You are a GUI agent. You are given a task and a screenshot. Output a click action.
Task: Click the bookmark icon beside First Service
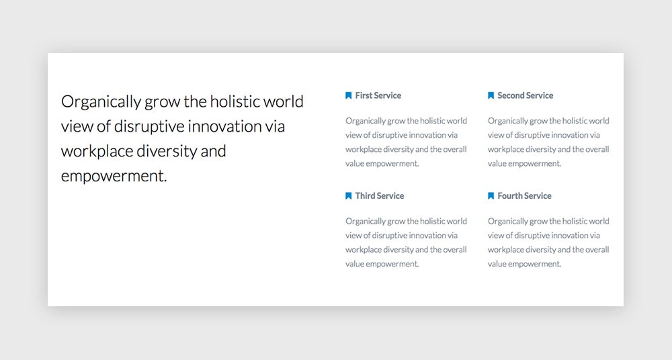tap(348, 95)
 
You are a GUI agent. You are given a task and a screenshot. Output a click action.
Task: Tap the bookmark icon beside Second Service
tap(491, 95)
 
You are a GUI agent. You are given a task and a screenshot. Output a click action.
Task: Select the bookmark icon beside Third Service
tap(348, 196)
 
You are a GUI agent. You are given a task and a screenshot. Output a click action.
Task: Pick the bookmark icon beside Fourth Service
tap(491, 196)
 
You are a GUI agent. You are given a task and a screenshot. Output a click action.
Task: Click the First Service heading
tap(378, 95)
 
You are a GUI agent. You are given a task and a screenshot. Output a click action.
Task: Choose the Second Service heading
tap(525, 95)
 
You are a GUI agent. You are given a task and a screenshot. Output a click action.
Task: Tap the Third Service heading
tap(379, 196)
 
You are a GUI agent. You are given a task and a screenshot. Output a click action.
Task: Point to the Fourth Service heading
tap(524, 196)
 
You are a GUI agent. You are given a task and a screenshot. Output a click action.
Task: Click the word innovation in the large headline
tap(225, 127)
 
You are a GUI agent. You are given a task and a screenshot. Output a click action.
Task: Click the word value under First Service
tap(355, 164)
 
